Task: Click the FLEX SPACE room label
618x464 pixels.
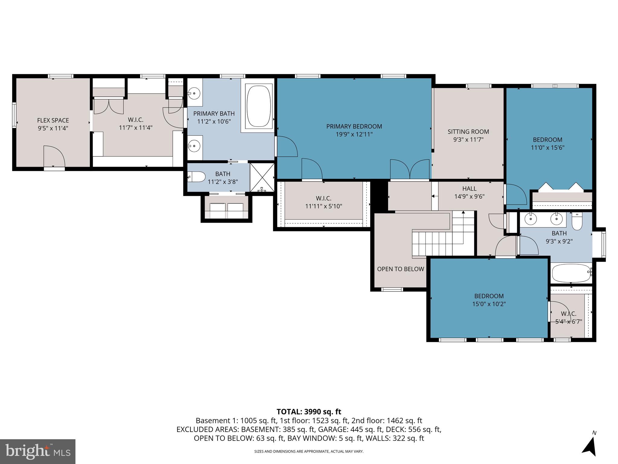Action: pyautogui.click(x=53, y=120)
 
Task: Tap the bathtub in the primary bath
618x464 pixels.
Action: pyautogui.click(x=259, y=105)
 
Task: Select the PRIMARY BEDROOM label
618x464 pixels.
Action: pyautogui.click(x=354, y=126)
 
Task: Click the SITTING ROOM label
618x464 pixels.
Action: pyautogui.click(x=468, y=132)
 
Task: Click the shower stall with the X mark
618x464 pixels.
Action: pyautogui.click(x=262, y=178)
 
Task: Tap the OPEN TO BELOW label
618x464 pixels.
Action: pyautogui.click(x=400, y=269)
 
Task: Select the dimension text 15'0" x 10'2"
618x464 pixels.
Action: pyautogui.click(x=489, y=304)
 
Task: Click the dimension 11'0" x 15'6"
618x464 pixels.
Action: pyautogui.click(x=547, y=148)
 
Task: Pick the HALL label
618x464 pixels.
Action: pyautogui.click(x=469, y=188)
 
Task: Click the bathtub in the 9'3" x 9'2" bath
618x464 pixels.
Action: pyautogui.click(x=571, y=273)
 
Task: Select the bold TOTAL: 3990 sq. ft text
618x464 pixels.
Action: pyautogui.click(x=309, y=412)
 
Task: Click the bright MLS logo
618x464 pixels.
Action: pyautogui.click(x=38, y=451)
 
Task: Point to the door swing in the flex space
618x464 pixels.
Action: pyautogui.click(x=54, y=156)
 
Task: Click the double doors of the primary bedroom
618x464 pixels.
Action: pyautogui.click(x=410, y=169)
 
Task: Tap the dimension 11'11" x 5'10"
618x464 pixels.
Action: pyautogui.click(x=323, y=206)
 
